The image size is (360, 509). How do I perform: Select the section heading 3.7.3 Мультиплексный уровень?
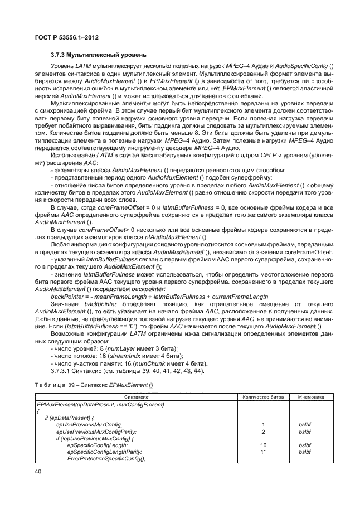pyautogui.click(x=98, y=55)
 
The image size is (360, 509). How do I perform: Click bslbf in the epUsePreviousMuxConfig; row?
pyautogui.click(x=305, y=425)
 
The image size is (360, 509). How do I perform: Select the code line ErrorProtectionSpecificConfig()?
pyautogui.click(x=106, y=458)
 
